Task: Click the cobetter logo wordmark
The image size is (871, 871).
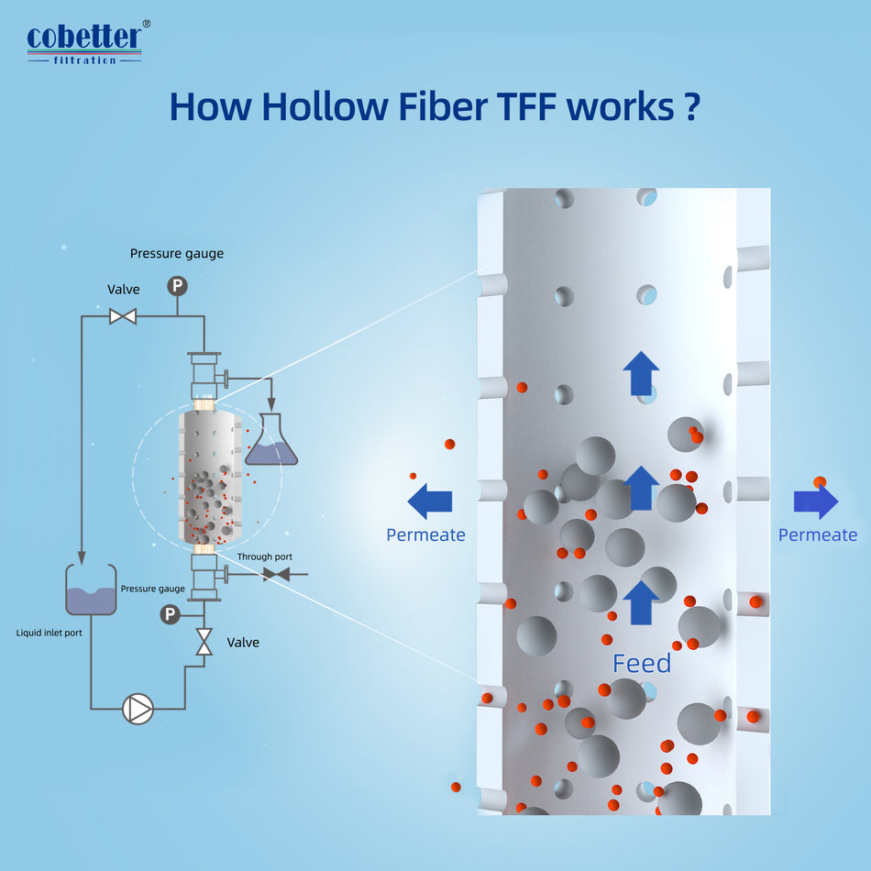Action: [x=83, y=38]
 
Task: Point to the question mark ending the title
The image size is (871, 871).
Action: [x=692, y=106]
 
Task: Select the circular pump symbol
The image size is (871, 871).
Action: [x=138, y=709]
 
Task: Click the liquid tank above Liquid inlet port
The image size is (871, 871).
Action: [x=91, y=591]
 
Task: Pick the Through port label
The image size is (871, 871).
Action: [x=265, y=557]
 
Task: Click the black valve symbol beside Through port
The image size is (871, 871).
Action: [x=276, y=575]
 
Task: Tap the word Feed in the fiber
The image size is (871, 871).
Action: [x=642, y=663]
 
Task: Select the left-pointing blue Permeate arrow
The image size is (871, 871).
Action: [x=430, y=501]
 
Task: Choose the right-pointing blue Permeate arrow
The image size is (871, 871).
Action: [x=816, y=502]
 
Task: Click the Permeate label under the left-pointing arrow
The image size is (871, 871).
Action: [x=425, y=535]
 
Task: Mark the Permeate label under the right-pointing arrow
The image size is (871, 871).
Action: [x=818, y=535]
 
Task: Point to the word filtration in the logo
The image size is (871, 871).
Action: [x=84, y=60]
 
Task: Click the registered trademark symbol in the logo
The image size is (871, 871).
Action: [x=146, y=25]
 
